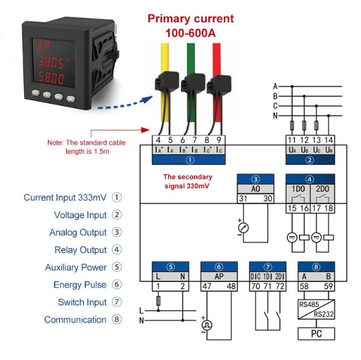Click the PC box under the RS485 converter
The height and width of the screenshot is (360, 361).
click(x=316, y=333)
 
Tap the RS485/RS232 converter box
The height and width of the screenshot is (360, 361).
click(x=316, y=309)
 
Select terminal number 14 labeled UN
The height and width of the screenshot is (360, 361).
click(x=329, y=140)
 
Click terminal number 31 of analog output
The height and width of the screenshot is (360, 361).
click(x=243, y=198)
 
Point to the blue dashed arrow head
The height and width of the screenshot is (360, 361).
click(x=147, y=99)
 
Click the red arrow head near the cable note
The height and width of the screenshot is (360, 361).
click(x=145, y=130)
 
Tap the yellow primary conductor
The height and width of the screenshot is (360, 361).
click(x=164, y=82)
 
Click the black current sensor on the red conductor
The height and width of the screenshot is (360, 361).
click(x=219, y=85)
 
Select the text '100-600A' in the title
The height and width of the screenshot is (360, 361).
click(x=191, y=33)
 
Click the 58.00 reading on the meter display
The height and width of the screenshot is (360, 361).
click(x=51, y=77)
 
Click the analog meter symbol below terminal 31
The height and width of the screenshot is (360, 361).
click(x=243, y=228)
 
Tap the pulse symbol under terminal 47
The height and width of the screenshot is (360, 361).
click(x=207, y=325)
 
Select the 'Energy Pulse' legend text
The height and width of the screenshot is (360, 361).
click(x=80, y=285)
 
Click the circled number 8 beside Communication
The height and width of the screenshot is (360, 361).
click(x=117, y=319)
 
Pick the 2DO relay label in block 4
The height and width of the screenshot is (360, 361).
click(x=323, y=189)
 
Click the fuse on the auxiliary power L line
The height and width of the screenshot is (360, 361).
click(x=158, y=301)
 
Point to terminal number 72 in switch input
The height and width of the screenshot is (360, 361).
click(x=280, y=286)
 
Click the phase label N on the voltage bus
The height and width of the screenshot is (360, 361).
click(x=275, y=115)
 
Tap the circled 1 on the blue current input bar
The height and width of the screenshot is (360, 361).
click(x=190, y=160)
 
